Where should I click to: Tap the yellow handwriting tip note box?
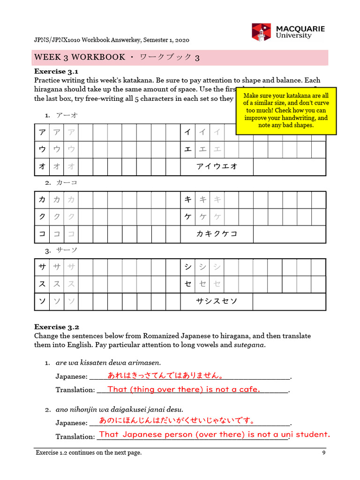[286, 111]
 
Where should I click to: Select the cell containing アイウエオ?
[217, 166]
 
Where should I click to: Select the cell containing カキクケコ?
[217, 234]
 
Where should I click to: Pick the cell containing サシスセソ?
[217, 301]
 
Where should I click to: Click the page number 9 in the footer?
[323, 452]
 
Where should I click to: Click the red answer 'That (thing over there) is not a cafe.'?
[184, 389]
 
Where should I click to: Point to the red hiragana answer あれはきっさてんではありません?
[165, 375]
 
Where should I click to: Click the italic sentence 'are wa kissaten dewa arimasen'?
[108, 362]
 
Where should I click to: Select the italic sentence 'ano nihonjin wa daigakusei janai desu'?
[119, 409]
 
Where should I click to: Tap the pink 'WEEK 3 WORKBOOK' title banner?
[180, 57]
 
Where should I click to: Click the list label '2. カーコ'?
[61, 182]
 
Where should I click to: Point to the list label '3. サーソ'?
[61, 250]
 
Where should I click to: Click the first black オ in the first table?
[42, 166]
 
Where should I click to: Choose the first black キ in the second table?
[188, 200]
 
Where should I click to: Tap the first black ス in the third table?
[42, 285]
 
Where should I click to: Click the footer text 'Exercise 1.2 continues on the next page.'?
[89, 452]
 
